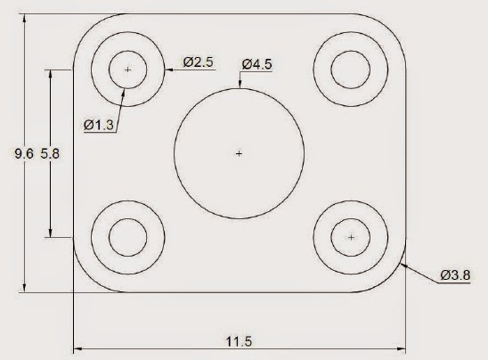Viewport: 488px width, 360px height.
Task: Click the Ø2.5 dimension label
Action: click(x=198, y=62)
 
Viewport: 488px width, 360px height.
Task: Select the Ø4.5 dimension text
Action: click(x=256, y=64)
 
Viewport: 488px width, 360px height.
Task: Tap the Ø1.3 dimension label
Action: click(x=99, y=126)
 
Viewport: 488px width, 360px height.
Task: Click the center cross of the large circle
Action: click(x=238, y=154)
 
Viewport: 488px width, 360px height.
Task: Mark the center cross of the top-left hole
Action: click(x=128, y=69)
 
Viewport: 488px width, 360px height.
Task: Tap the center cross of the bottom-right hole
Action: click(x=351, y=237)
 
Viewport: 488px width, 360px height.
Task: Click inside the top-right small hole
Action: click(x=350, y=69)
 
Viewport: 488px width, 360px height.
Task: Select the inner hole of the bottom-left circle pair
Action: click(x=128, y=237)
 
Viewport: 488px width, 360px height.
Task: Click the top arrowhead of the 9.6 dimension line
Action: click(x=24, y=18)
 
